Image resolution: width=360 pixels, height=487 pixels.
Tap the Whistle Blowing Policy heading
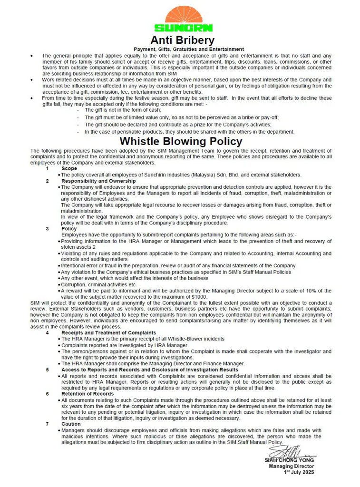pyautogui.click(x=181, y=141)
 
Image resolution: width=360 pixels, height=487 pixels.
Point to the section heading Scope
pyautogui.click(x=69, y=168)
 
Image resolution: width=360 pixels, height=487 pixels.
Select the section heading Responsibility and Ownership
pyautogui.click(x=98, y=181)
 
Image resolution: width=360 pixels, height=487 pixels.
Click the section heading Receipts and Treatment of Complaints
pyautogui.click(x=109, y=333)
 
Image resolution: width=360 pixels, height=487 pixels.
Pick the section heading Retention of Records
pyautogui.click(x=88, y=394)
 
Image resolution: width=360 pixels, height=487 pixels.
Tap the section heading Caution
pyautogui.click(x=71, y=424)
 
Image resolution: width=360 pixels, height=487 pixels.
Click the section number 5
pyautogui.click(x=48, y=370)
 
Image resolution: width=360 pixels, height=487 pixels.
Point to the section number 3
pyautogui.click(x=48, y=229)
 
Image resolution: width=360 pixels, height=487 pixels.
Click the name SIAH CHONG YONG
pyautogui.click(x=289, y=460)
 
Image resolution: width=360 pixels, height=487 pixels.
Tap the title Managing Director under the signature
pyautogui.click(x=291, y=467)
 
